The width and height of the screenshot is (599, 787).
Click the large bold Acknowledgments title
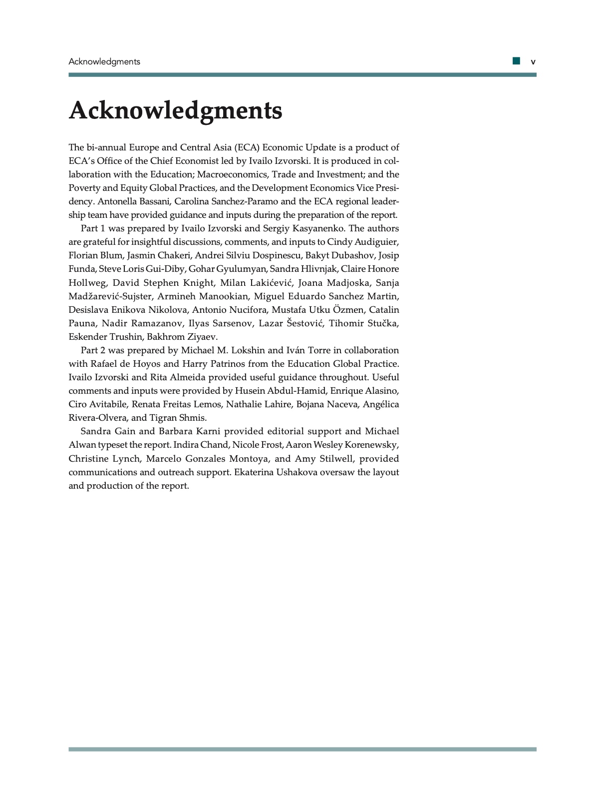175,110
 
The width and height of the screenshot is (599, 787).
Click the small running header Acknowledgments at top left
104,62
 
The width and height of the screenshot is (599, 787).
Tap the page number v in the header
533,62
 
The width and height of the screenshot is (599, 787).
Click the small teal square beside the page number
516,61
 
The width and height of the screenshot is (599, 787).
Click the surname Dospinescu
276,255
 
